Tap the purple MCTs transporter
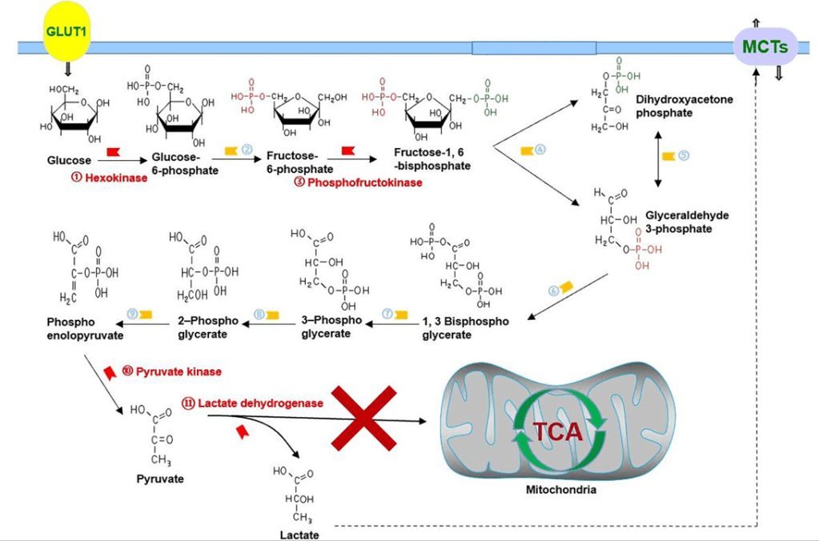(765, 46)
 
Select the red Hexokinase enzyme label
(110, 178)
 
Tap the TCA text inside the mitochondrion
(558, 432)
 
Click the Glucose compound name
(70, 160)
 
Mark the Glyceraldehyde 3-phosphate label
(687, 222)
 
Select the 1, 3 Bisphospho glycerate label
(465, 328)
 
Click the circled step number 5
(684, 155)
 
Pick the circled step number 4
(540, 150)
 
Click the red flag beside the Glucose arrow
(112, 150)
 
